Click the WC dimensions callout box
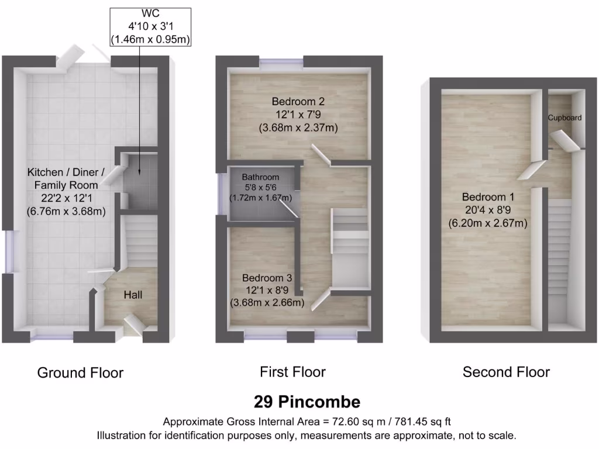click(x=152, y=26)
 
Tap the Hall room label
click(x=133, y=295)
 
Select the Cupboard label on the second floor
click(x=564, y=118)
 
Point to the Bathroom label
click(x=260, y=177)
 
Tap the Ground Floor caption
click(x=80, y=372)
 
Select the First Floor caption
click(x=292, y=372)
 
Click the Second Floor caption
click(x=506, y=372)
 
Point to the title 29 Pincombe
click(x=307, y=402)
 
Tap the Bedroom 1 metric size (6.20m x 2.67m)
click(x=488, y=223)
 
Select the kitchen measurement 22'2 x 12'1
click(x=66, y=199)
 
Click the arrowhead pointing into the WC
click(x=140, y=172)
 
